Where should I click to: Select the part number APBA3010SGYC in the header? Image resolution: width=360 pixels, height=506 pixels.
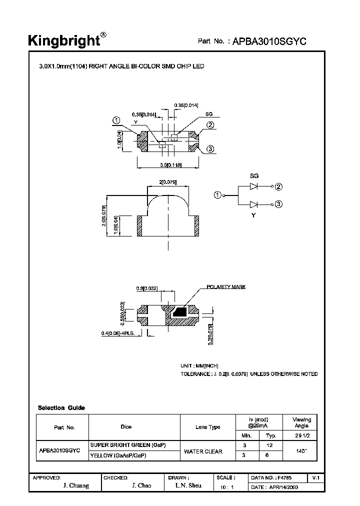pyautogui.click(x=269, y=42)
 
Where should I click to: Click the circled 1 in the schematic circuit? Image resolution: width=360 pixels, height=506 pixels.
pyautogui.click(x=217, y=195)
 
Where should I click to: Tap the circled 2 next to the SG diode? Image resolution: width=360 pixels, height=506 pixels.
pyautogui.click(x=278, y=186)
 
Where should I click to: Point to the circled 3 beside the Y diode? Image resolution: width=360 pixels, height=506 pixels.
pyautogui.click(x=278, y=204)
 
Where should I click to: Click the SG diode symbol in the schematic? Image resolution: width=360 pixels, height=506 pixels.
pyautogui.click(x=254, y=186)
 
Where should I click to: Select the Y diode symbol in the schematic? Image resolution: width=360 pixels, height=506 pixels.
pyautogui.click(x=254, y=204)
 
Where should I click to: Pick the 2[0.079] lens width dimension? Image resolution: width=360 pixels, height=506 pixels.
pyautogui.click(x=168, y=182)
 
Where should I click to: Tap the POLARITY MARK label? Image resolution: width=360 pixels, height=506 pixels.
pyautogui.click(x=226, y=287)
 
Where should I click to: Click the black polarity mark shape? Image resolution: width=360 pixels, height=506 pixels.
pyautogui.click(x=179, y=312)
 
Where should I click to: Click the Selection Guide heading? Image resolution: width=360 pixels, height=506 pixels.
pyautogui.click(x=61, y=407)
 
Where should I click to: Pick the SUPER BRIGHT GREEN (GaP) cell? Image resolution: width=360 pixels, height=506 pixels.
pyautogui.click(x=127, y=445)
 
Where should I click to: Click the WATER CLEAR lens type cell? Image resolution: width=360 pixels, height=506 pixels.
pyautogui.click(x=202, y=451)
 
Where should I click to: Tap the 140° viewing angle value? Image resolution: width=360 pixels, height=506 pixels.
pyautogui.click(x=301, y=450)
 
